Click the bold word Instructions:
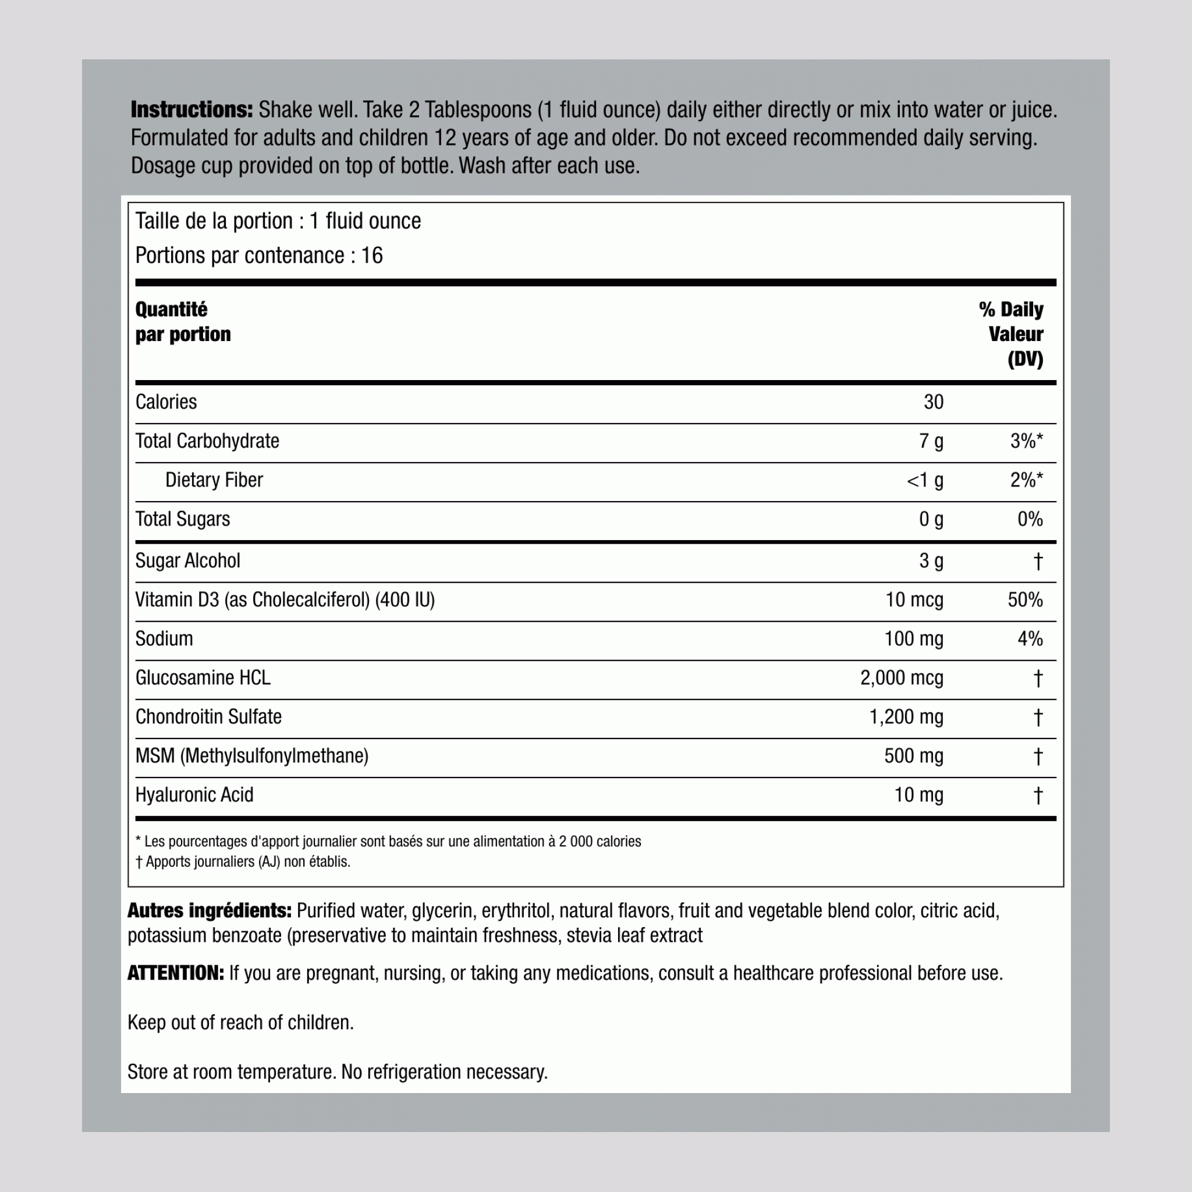(x=191, y=110)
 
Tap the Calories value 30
(x=933, y=402)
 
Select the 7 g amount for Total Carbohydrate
(x=931, y=441)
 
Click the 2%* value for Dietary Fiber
(x=1026, y=480)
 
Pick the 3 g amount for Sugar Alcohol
(x=931, y=561)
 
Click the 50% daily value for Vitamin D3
(x=1025, y=599)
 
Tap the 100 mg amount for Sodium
(x=913, y=638)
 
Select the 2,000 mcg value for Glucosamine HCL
(x=902, y=678)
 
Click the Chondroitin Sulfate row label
(x=208, y=717)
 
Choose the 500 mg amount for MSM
(x=913, y=756)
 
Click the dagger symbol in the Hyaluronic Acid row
(x=1038, y=795)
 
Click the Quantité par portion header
(x=183, y=322)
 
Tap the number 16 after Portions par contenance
(x=372, y=256)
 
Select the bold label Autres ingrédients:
(x=209, y=911)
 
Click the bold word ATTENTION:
(x=176, y=973)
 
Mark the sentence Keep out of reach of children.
(x=240, y=1022)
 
